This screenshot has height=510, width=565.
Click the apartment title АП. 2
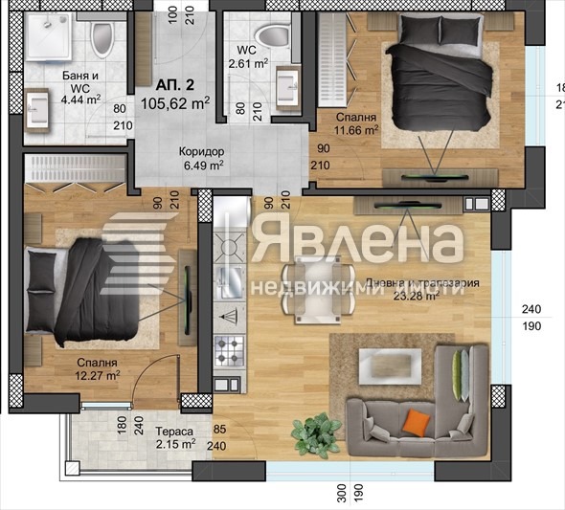click(x=161, y=83)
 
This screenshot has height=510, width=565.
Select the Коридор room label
click(x=201, y=151)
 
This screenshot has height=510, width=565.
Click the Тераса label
click(x=175, y=432)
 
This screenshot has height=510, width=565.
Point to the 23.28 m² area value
click(x=418, y=298)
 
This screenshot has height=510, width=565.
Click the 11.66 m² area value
click(x=357, y=131)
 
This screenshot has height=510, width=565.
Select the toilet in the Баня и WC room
click(x=103, y=40)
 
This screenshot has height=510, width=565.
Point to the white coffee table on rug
click(x=391, y=365)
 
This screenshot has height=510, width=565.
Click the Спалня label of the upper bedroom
click(x=353, y=118)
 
